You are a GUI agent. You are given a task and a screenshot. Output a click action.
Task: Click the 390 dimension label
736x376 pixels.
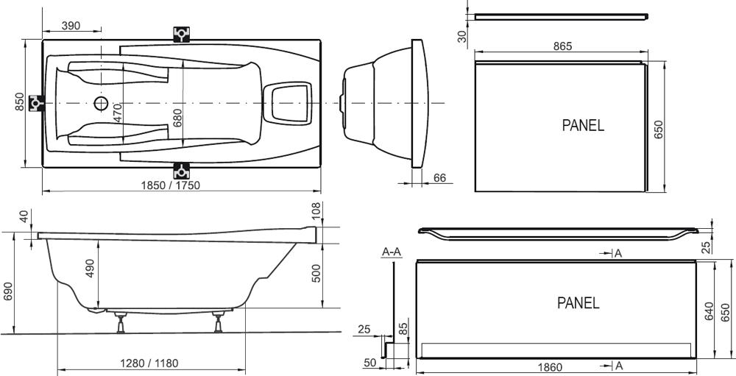[71, 25]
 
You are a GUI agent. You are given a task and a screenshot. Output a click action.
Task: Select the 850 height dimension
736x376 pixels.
[19, 102]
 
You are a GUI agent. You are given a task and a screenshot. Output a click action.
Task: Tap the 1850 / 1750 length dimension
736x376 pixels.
[171, 185]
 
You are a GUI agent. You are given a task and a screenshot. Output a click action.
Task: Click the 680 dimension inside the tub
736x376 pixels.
[177, 118]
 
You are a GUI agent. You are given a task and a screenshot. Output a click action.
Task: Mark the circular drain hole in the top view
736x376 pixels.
[100, 103]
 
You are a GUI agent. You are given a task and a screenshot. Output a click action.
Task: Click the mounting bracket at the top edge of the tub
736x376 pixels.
[181, 35]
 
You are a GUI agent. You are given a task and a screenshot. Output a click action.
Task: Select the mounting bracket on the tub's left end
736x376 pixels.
[37, 103]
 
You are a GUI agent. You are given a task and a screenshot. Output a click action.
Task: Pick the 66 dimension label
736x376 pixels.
[440, 178]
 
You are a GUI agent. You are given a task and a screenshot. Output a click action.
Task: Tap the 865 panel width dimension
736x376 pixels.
[562, 46]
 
